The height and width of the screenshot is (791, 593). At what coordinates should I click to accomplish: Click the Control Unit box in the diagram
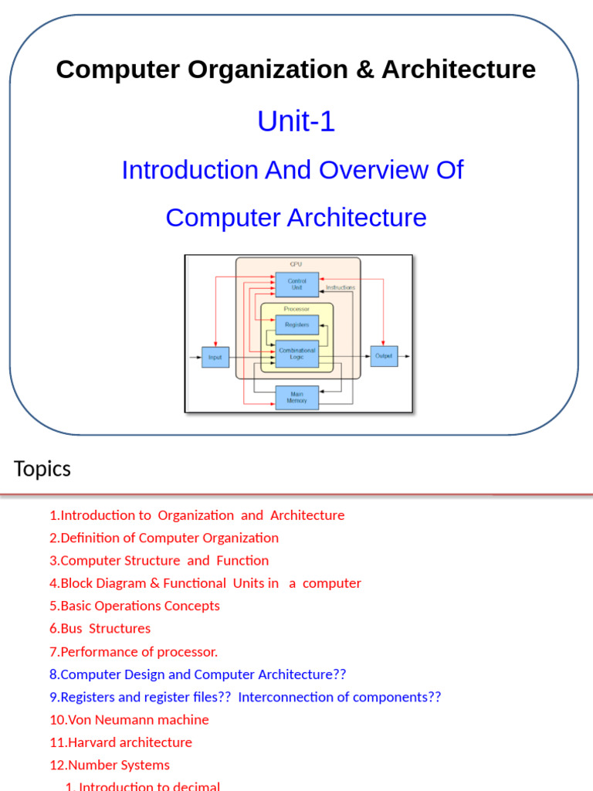(x=296, y=283)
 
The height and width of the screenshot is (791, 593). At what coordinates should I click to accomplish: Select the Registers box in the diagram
(x=296, y=325)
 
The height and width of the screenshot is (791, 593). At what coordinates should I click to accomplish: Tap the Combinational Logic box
(x=296, y=354)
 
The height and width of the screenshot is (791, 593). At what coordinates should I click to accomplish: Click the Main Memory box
(x=296, y=397)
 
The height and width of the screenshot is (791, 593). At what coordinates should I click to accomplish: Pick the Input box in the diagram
(x=215, y=357)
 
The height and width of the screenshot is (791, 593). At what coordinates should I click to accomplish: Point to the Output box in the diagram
(x=384, y=356)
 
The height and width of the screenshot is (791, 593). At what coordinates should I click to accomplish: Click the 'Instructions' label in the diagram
(x=340, y=287)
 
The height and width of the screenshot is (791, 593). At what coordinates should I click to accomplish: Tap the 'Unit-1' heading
(x=296, y=121)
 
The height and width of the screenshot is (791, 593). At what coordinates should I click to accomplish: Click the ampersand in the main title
(x=361, y=70)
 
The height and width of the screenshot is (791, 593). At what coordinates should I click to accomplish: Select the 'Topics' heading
(x=42, y=469)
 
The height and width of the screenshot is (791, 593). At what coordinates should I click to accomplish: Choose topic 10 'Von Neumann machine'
(x=129, y=719)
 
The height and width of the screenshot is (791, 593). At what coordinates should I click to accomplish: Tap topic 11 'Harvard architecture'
(x=120, y=742)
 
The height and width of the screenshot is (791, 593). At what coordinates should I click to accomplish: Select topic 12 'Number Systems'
(x=110, y=765)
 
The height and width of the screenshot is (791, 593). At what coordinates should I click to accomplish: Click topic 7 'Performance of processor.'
(x=134, y=651)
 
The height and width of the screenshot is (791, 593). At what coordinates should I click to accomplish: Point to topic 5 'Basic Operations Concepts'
(x=134, y=606)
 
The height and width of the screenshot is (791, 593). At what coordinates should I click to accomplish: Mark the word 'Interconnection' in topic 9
(x=282, y=697)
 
